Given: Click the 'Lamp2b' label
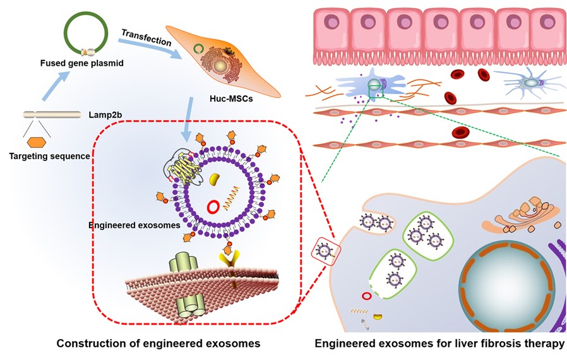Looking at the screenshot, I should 102,115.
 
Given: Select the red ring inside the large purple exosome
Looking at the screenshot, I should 215,206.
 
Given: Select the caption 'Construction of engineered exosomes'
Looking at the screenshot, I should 158,344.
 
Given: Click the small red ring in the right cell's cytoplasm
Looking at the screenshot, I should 366,296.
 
